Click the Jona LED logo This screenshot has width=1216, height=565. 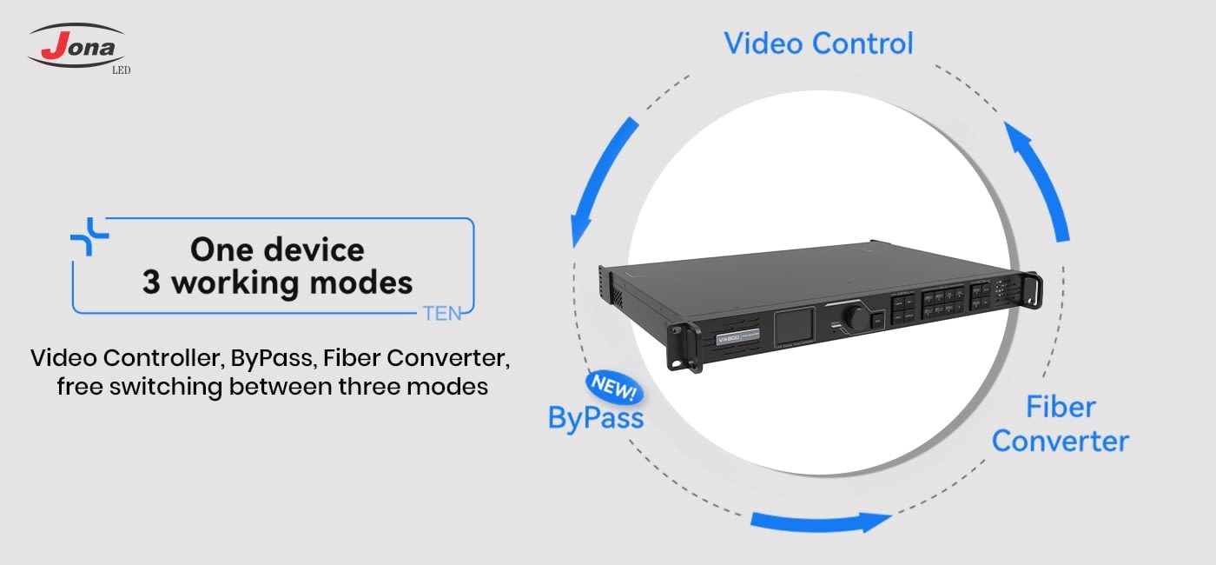coord(78,48)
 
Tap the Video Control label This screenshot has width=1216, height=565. coord(818,43)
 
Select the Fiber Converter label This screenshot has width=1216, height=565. coord(1060,423)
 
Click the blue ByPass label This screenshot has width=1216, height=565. coord(596,418)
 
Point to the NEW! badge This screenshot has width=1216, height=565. coord(614,385)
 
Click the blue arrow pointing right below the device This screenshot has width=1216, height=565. coord(821,522)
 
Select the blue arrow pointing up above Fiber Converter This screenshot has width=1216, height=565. coord(1038,178)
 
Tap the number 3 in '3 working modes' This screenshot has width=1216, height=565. coord(151,282)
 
